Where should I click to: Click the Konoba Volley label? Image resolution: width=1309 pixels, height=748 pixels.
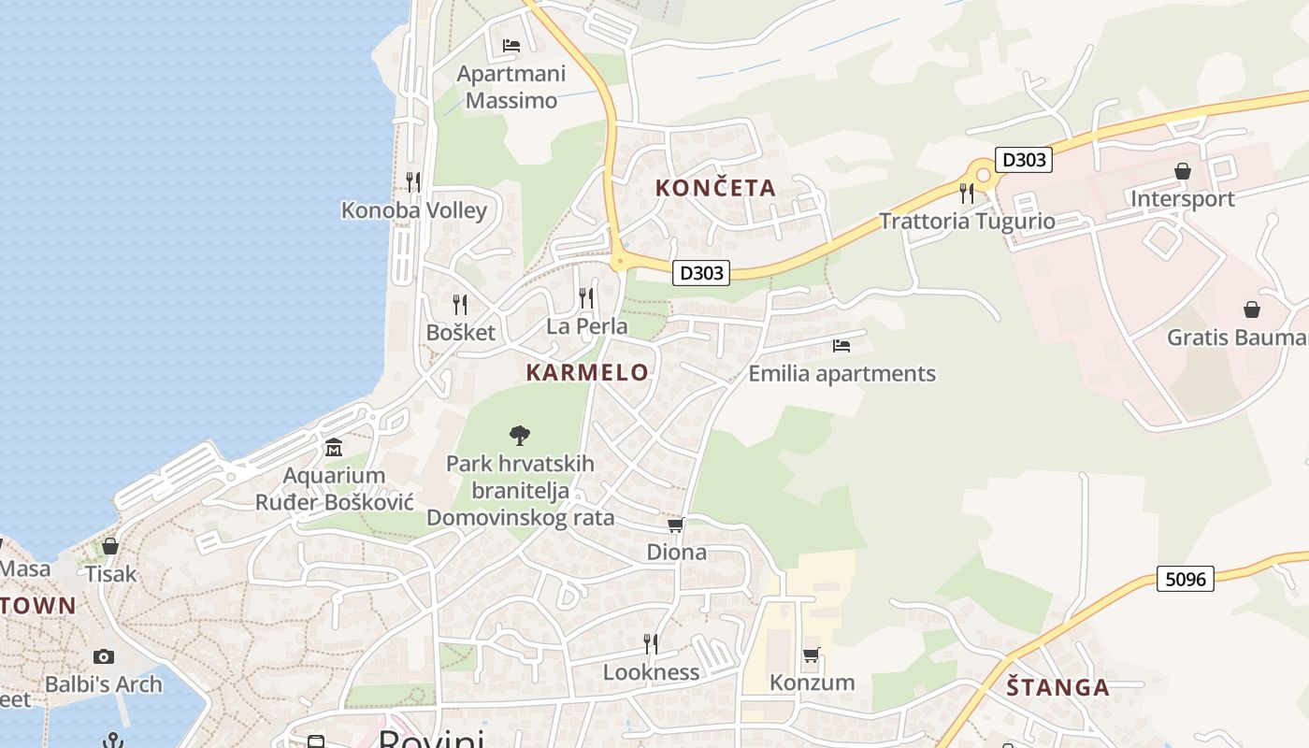coord(414,209)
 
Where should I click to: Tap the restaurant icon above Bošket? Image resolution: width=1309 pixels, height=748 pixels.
coord(460,305)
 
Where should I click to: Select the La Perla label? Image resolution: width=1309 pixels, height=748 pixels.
coord(587,327)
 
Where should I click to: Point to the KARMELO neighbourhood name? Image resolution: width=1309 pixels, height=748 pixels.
coord(587,372)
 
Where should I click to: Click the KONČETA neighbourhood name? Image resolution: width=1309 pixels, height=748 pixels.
coord(716,188)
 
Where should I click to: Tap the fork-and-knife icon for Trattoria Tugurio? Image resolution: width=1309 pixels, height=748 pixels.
coord(967,194)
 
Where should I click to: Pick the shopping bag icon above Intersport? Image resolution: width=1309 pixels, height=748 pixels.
coord(1183,171)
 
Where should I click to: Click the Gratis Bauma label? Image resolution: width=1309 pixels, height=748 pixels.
coord(1236,338)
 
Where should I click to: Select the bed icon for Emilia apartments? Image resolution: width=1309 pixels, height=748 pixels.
coord(841,346)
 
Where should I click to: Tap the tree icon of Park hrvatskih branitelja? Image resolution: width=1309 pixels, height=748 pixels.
coord(520,435)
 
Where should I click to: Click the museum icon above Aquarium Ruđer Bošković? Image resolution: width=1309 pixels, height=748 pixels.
coord(334,448)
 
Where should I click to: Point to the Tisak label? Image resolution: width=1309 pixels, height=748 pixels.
coord(111,573)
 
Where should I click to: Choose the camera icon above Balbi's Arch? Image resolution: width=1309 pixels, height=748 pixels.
coord(104,656)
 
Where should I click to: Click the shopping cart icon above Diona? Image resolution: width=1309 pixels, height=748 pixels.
coord(676,525)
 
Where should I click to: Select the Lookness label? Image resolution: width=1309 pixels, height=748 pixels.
coord(651,672)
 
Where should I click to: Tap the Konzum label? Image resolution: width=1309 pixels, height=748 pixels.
coord(812,683)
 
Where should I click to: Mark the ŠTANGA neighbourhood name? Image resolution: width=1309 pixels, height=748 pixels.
coord(1057,688)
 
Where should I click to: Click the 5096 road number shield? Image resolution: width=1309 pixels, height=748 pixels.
coord(1186,579)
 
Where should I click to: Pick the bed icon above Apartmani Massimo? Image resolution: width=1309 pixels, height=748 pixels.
coord(511,45)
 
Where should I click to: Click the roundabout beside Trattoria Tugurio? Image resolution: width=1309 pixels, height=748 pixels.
coord(982,174)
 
